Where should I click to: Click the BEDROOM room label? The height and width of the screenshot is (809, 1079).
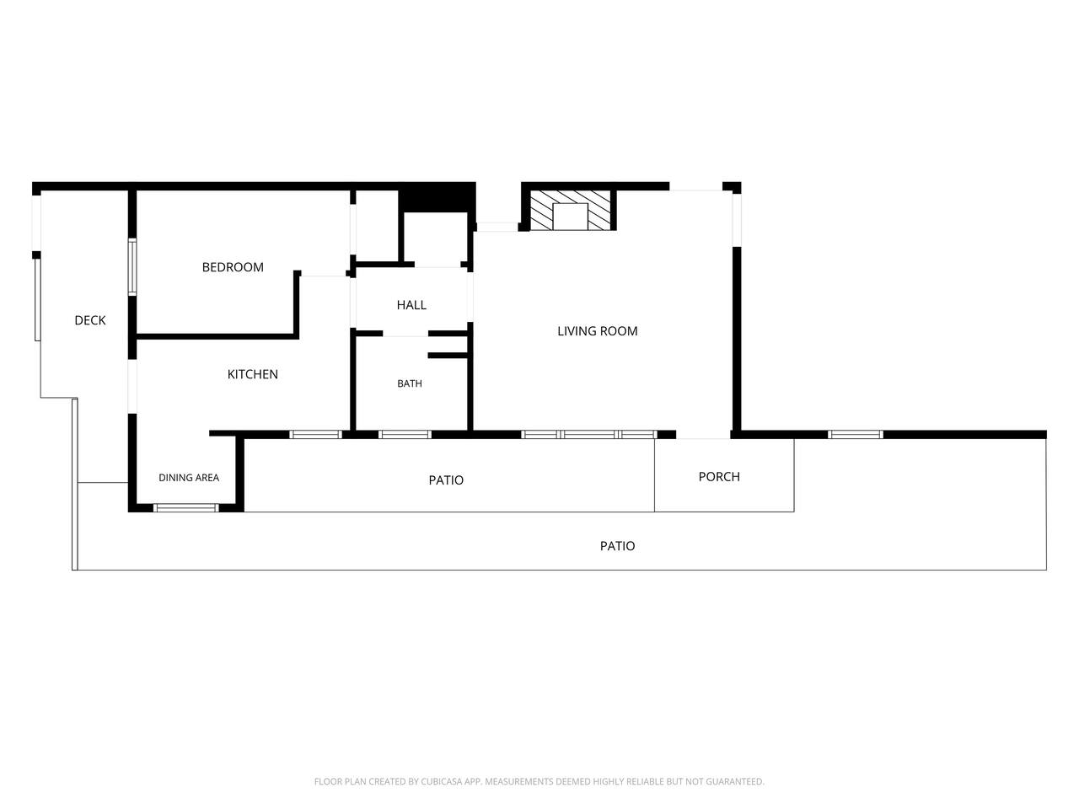[x=233, y=267]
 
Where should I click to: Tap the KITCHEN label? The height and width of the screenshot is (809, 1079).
[x=253, y=374]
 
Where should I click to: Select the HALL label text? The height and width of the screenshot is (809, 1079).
[x=411, y=305]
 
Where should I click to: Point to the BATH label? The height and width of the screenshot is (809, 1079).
[x=410, y=383]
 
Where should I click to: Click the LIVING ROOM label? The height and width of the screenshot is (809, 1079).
[x=598, y=331]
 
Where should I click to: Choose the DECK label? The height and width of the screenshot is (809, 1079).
[x=90, y=320]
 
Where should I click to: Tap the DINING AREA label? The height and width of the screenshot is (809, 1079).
[x=189, y=478]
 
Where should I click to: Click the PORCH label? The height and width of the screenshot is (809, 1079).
[x=719, y=476]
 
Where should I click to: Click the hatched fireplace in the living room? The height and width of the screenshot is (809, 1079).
[x=570, y=210]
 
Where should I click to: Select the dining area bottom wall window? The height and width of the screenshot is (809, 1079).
[x=185, y=508]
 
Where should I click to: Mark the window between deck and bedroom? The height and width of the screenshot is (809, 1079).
[x=132, y=267]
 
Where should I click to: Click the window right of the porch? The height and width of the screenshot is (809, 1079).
[x=856, y=434]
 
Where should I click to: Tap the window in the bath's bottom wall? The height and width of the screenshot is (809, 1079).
[x=405, y=434]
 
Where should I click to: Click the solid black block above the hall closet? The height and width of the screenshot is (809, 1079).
[x=437, y=197]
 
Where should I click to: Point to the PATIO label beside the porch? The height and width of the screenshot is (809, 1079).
[x=446, y=480]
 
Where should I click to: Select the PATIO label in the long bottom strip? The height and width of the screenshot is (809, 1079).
[x=617, y=546]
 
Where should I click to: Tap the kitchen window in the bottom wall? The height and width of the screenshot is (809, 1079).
[x=315, y=434]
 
